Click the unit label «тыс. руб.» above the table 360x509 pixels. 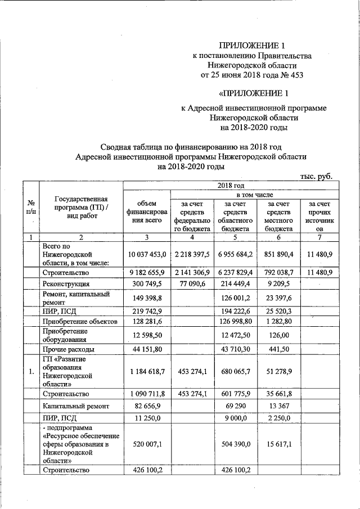[316, 176]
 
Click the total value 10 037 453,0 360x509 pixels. [146, 255]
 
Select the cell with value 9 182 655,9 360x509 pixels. [146, 273]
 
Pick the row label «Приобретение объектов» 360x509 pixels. [79, 322]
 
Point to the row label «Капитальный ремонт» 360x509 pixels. [73, 406]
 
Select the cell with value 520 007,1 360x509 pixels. [146, 443]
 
